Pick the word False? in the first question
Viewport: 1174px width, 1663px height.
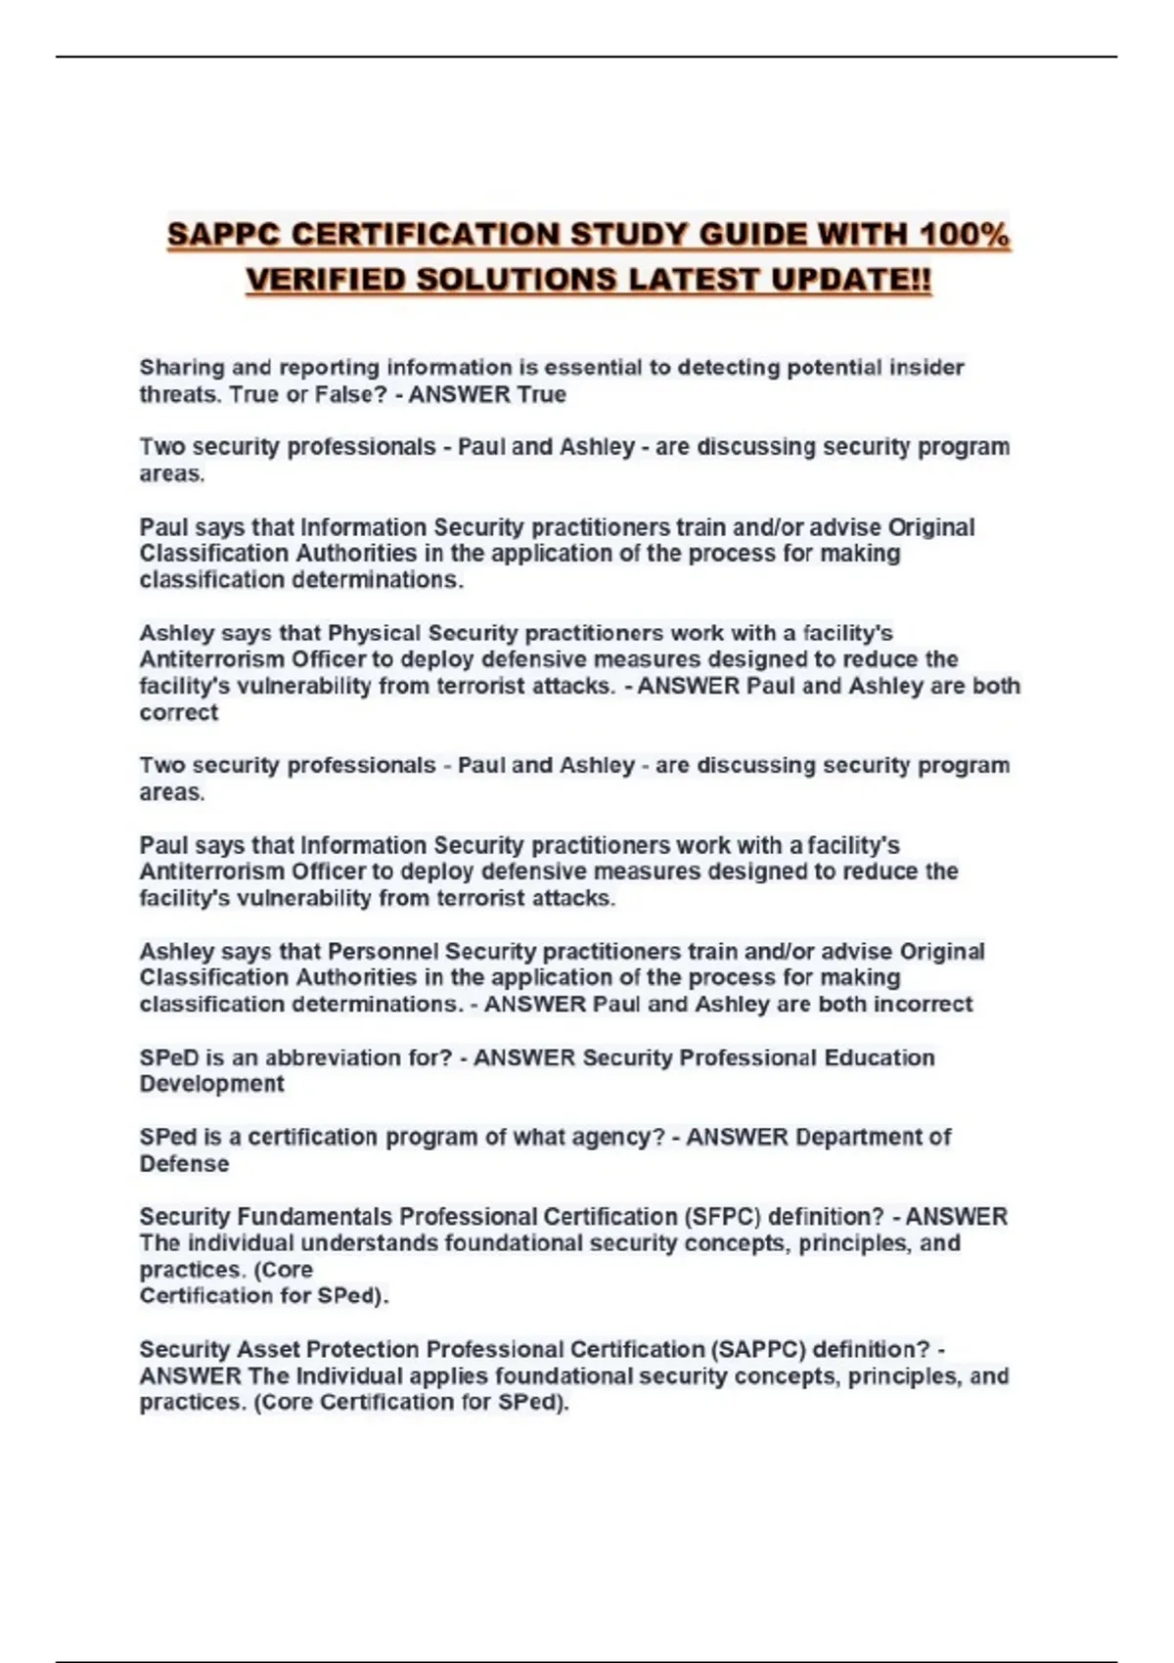pos(349,394)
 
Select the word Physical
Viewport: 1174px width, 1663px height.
pos(375,633)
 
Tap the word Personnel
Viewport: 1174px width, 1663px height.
pos(383,951)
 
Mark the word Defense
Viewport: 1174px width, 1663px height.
pos(184,1164)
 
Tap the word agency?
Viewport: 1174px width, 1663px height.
pos(620,1137)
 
